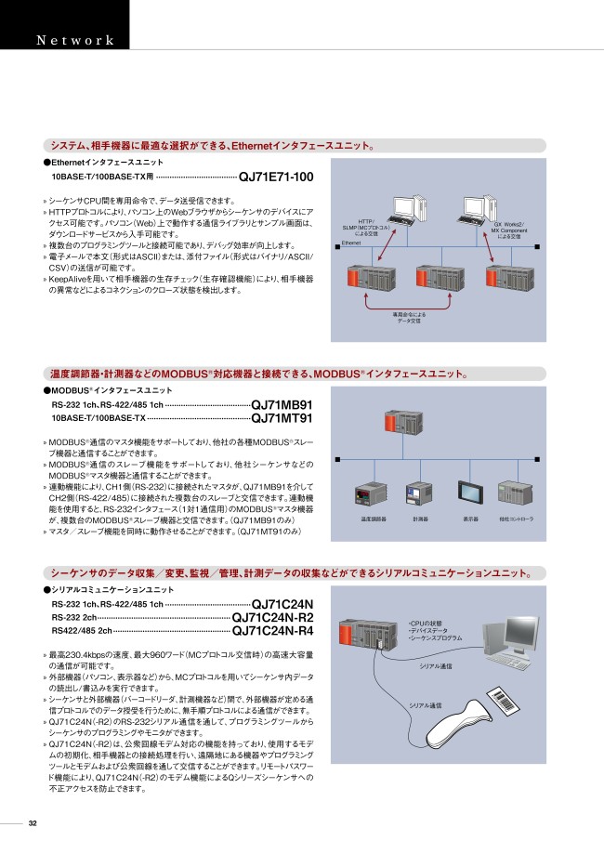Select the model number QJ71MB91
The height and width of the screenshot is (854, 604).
tap(282, 405)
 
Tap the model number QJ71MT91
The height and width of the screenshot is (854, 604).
tap(282, 418)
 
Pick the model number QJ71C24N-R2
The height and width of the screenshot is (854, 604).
tap(272, 618)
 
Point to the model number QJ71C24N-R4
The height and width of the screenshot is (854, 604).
tap(272, 632)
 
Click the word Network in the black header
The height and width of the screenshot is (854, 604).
tap(75, 40)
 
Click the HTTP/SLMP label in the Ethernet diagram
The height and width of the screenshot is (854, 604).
tap(365, 228)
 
